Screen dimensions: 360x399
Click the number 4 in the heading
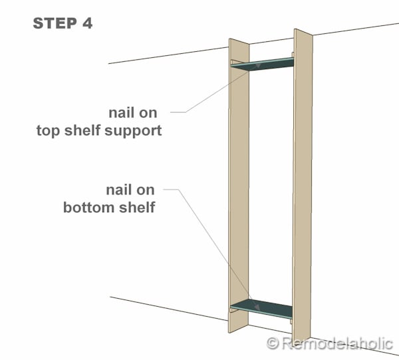pyautogui.click(x=87, y=24)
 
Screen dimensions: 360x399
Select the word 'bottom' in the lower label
pyautogui.click(x=86, y=207)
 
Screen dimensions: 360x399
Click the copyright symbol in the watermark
pyautogui.click(x=272, y=343)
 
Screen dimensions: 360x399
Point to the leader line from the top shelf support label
pyautogui.click(x=213, y=92)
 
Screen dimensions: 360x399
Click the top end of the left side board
pyautogui.click(x=238, y=42)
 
